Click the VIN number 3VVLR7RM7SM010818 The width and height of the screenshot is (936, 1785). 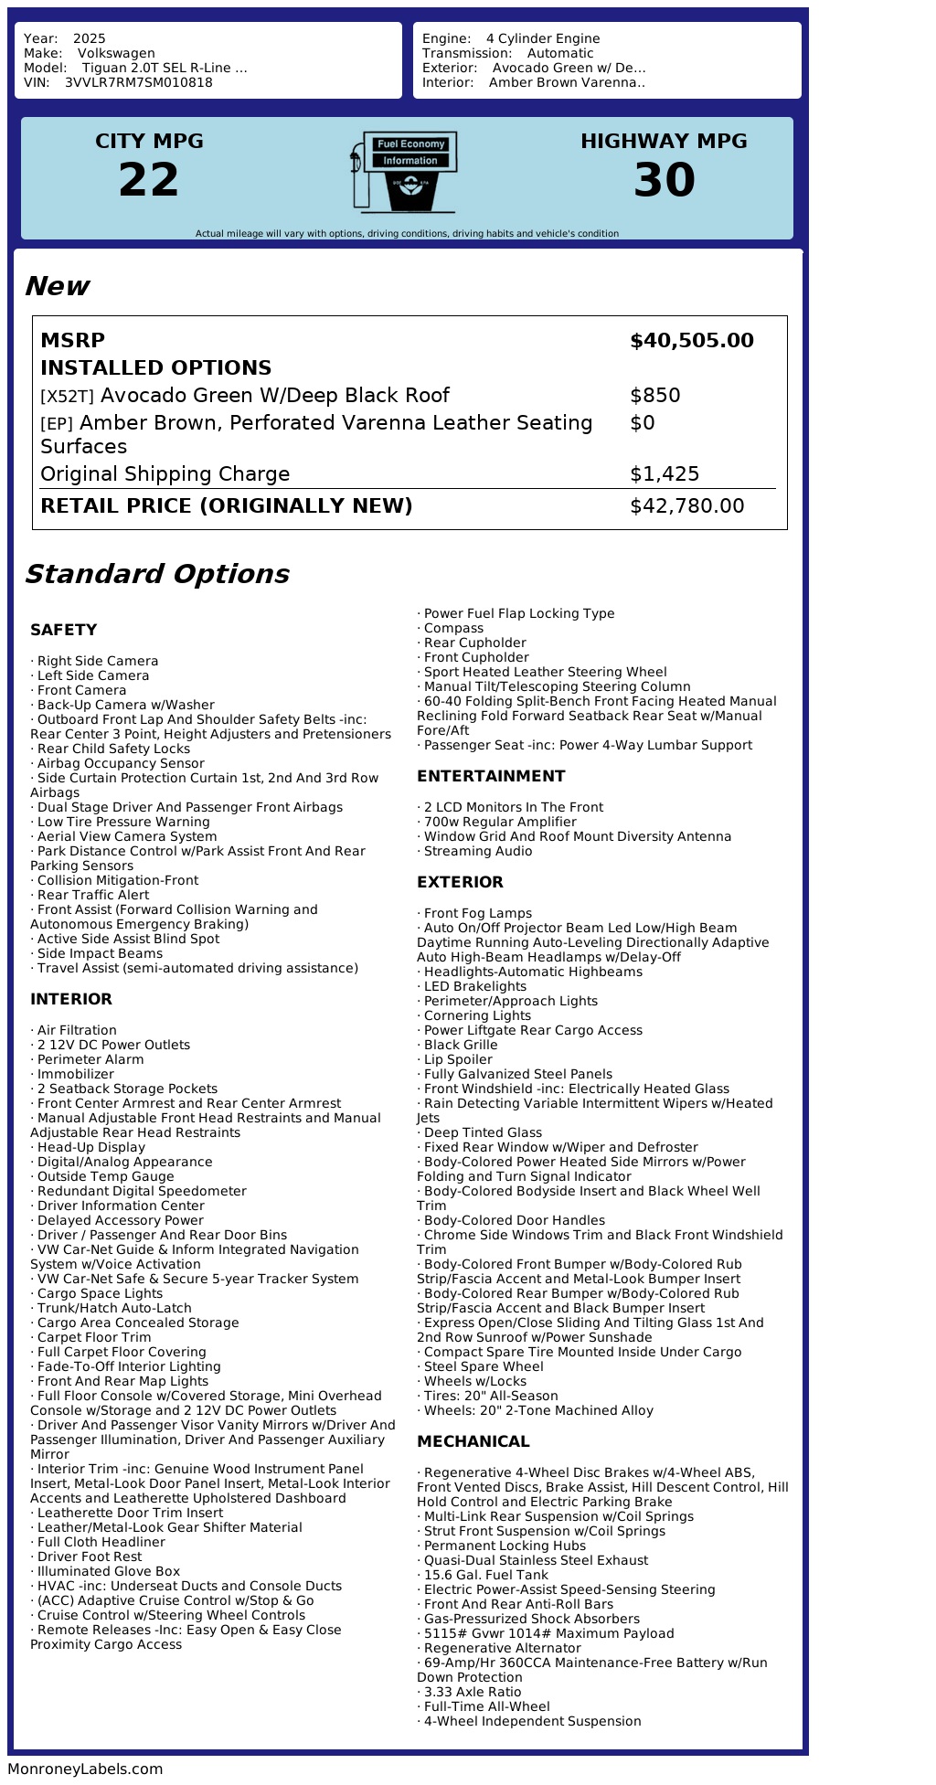(x=138, y=82)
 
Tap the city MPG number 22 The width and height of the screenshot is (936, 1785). (x=149, y=180)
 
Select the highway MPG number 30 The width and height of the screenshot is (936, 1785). (x=664, y=180)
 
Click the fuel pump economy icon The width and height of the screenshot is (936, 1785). (x=403, y=172)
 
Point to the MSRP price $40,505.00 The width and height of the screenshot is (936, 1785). (x=691, y=341)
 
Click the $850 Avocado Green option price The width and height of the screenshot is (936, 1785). (x=654, y=396)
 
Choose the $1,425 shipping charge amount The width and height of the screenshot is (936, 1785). (x=664, y=474)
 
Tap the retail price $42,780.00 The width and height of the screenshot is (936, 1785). (x=686, y=506)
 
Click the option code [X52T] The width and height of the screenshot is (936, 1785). (x=67, y=397)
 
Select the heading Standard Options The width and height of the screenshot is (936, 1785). (x=156, y=574)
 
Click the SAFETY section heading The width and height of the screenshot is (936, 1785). (x=63, y=630)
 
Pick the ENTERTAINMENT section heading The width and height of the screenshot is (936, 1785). (x=491, y=776)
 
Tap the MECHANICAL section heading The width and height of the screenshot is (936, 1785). (x=473, y=1441)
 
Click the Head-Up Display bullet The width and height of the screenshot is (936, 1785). (x=90, y=1147)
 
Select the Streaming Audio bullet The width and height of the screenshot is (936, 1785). (x=477, y=851)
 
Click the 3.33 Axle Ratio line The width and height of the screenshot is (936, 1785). (x=472, y=1692)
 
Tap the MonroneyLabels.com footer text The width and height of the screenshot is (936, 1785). (x=85, y=1769)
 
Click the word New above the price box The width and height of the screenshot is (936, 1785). (x=57, y=286)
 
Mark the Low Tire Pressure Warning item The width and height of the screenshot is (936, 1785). (x=123, y=822)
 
